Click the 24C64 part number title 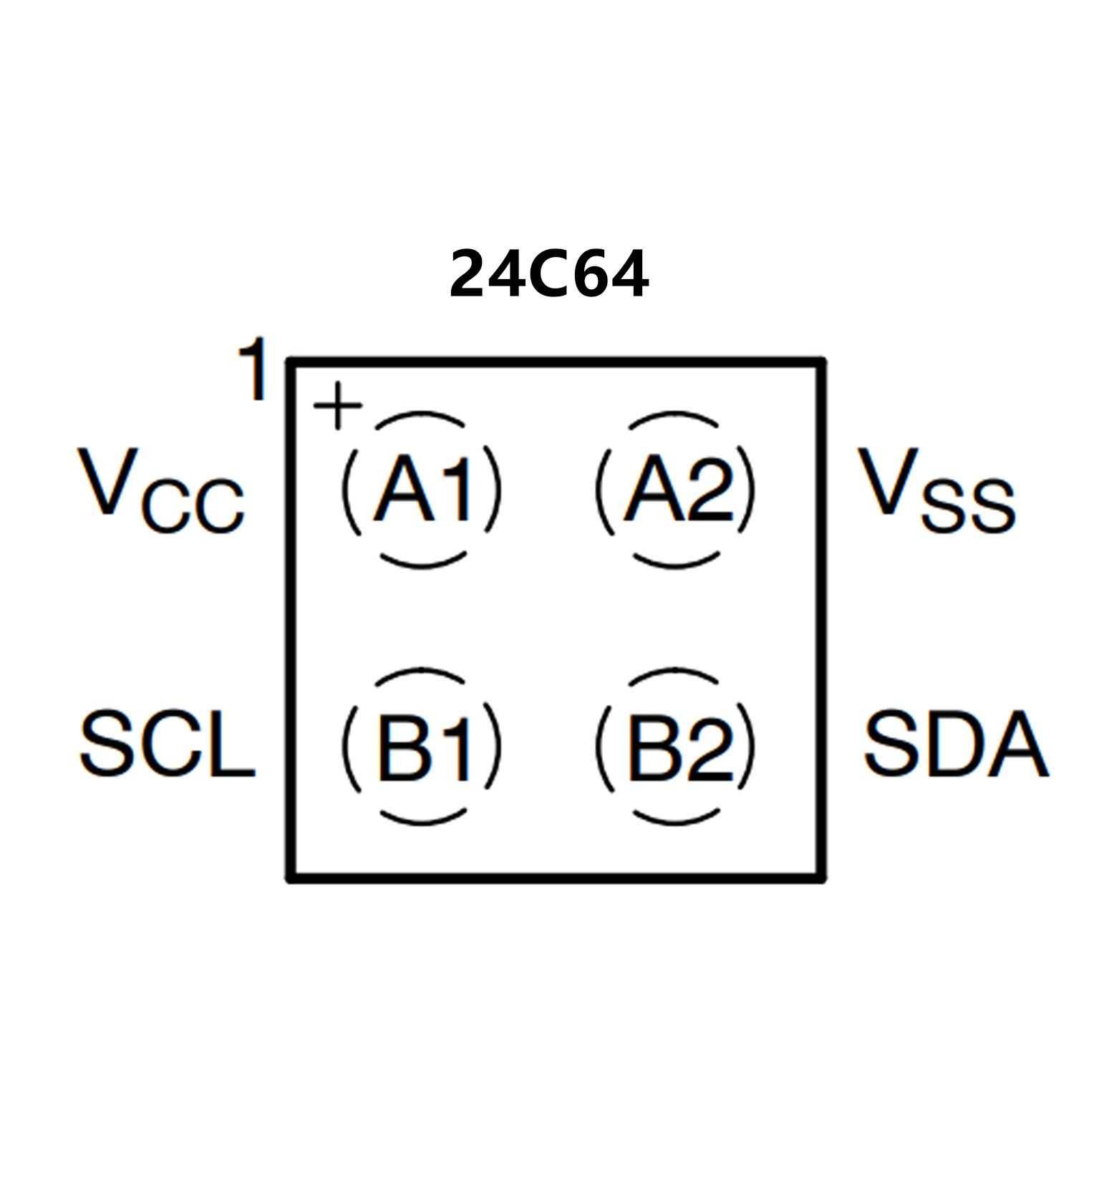(x=548, y=274)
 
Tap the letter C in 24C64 (x=548, y=275)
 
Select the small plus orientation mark (x=338, y=406)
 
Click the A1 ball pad (x=422, y=490)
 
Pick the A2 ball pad (x=675, y=490)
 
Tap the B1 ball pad (x=422, y=747)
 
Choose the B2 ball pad (x=675, y=747)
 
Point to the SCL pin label (x=167, y=744)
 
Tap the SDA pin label (x=956, y=744)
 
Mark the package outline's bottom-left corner (x=291, y=877)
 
